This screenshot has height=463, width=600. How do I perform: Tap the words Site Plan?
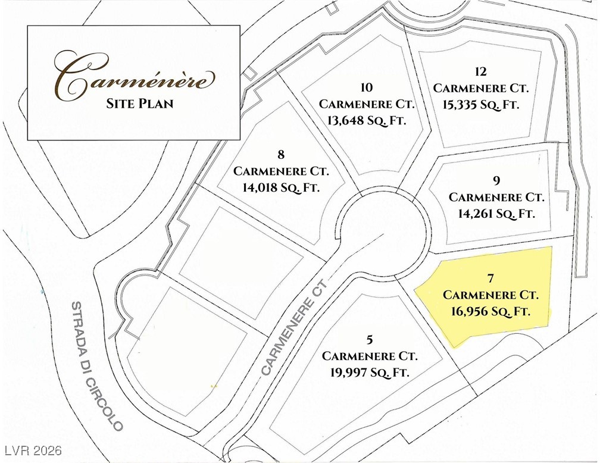(x=140, y=104)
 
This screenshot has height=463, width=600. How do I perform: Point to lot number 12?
(x=481, y=72)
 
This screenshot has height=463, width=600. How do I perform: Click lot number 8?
(x=281, y=156)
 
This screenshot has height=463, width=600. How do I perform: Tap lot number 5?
(x=370, y=340)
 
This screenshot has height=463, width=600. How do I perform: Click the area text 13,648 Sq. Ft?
(x=367, y=120)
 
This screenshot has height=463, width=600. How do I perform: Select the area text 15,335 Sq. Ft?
(x=481, y=104)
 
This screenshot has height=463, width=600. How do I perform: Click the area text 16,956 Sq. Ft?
(x=491, y=311)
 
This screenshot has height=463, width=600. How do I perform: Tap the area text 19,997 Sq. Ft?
(x=370, y=372)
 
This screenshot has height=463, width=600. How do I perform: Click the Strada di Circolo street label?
(x=96, y=365)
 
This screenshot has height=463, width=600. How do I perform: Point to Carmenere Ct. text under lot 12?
(x=481, y=88)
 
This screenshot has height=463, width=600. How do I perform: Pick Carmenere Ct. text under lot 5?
(x=370, y=356)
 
